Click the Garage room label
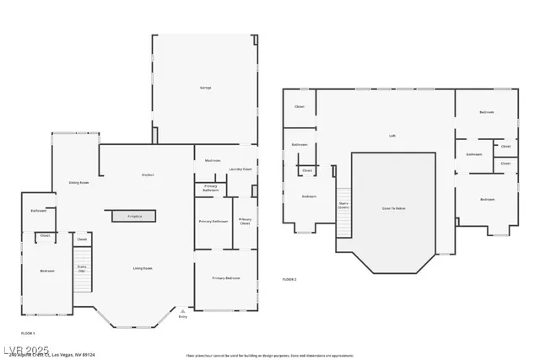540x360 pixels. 205,88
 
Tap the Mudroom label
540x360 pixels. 213,160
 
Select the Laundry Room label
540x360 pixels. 241,169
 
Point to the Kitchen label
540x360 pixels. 148,175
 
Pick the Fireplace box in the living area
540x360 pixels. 134,217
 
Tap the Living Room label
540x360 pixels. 142,268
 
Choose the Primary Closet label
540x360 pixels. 244,221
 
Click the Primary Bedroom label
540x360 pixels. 225,277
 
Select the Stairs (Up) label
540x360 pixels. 82,268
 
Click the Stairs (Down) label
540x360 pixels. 344,204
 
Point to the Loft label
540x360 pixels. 392,135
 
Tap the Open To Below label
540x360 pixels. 393,207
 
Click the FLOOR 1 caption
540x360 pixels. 27,334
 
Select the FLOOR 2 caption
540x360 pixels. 289,279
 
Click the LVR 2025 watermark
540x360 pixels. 25,349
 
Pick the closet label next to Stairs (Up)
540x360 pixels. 82,239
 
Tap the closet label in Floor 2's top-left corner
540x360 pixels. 300,107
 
